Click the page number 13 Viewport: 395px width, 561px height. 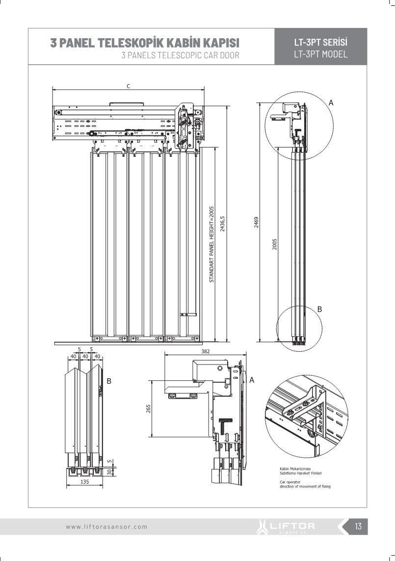coord(358,527)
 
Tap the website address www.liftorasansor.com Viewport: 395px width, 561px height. coord(106,527)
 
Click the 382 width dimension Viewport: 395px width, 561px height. coord(206,351)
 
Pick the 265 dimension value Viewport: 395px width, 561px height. coord(149,408)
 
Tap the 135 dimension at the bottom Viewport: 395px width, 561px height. coord(84,482)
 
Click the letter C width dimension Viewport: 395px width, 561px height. coord(128,86)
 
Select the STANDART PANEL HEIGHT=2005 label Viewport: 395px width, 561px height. coord(212,244)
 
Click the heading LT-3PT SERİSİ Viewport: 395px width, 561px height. coord(320,43)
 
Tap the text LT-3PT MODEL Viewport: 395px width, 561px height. coord(320,54)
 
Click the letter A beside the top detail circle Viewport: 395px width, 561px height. coord(331,103)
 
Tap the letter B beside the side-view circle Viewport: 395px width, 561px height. coord(319,309)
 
